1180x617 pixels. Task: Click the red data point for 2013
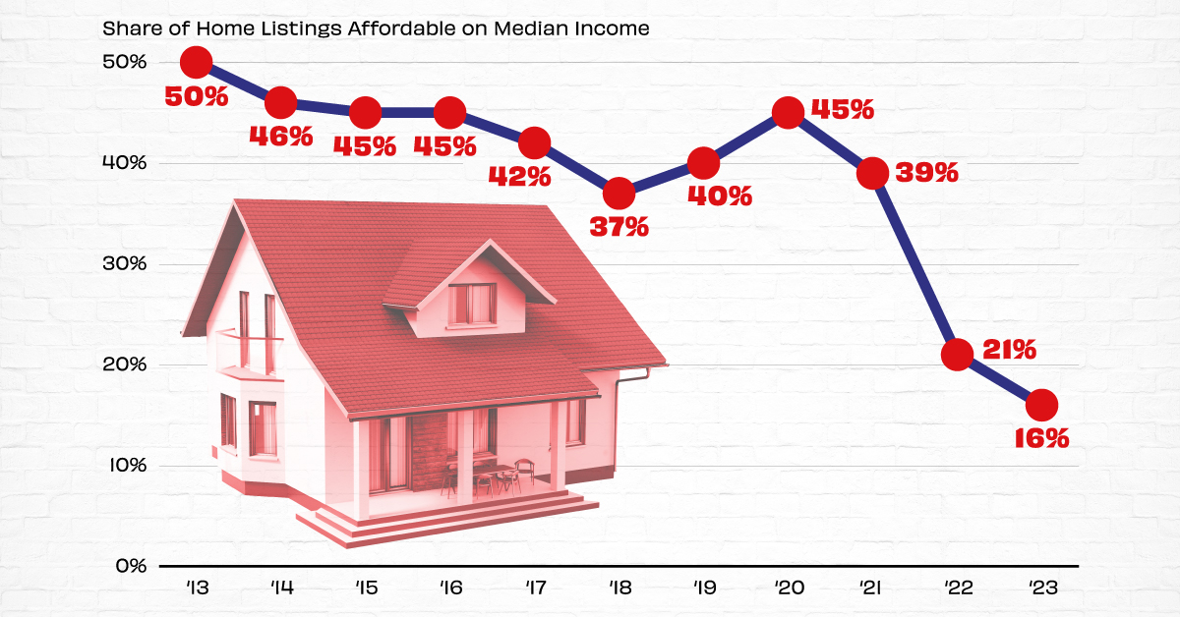click(x=197, y=62)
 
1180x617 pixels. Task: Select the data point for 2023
click(x=1041, y=404)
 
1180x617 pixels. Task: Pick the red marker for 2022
click(x=957, y=354)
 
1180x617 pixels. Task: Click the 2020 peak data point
click(x=788, y=113)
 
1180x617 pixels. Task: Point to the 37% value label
click(x=619, y=227)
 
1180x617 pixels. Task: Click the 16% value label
click(x=1041, y=438)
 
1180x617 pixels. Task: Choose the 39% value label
click(x=925, y=173)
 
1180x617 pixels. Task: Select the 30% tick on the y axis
click(x=124, y=264)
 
